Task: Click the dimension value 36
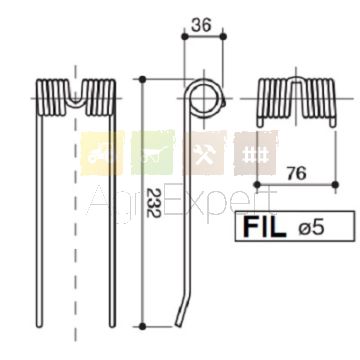coord(202,25)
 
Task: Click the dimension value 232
coord(154,203)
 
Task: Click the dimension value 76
coord(296,174)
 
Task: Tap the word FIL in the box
coord(265,227)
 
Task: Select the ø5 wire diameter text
coord(310,228)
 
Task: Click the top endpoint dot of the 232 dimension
coord(142,79)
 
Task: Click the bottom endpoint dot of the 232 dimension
coord(142,326)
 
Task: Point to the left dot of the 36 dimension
coord(185,36)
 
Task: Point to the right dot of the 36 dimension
coord(223,36)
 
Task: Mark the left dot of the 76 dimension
coord(257,184)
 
